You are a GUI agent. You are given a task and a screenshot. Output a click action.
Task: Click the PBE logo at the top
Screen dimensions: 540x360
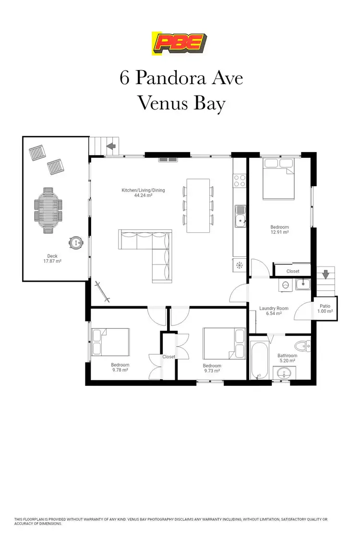click(x=179, y=43)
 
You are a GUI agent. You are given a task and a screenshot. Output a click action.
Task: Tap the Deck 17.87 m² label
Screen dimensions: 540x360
click(x=52, y=259)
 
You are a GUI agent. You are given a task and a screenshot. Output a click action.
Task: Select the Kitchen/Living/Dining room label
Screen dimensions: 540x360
click(x=143, y=193)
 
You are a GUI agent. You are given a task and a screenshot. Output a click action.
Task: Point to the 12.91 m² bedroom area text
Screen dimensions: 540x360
click(x=279, y=232)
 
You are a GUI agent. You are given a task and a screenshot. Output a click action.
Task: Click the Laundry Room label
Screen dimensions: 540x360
click(x=274, y=311)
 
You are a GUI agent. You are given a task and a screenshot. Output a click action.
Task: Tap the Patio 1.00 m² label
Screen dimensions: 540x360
click(x=325, y=309)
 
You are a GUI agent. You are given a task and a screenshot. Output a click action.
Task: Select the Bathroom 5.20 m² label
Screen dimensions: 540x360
click(x=288, y=358)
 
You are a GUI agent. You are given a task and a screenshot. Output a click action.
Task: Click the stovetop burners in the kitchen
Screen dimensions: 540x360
click(x=240, y=180)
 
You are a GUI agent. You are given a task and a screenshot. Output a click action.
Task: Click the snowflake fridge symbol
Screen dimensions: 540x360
click(x=239, y=264)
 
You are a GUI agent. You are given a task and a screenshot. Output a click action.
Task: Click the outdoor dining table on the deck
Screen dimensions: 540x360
click(x=48, y=210)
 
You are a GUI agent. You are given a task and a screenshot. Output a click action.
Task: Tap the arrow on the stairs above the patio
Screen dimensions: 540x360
click(x=326, y=275)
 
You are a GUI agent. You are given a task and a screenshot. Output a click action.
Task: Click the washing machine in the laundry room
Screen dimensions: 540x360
click(x=286, y=284)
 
